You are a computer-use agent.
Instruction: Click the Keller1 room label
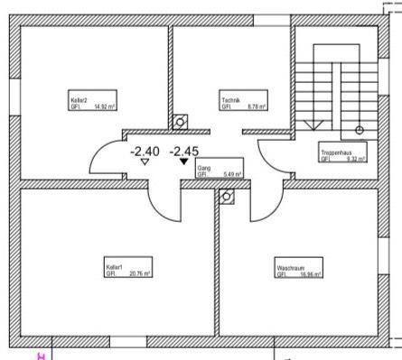tap(114, 268)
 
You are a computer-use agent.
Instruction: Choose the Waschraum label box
tap(289, 268)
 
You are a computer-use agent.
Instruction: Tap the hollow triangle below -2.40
tap(145, 163)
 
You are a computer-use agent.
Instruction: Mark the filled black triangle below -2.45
tap(184, 163)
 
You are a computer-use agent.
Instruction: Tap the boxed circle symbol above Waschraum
tap(228, 194)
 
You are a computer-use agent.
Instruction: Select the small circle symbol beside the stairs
tap(359, 130)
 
